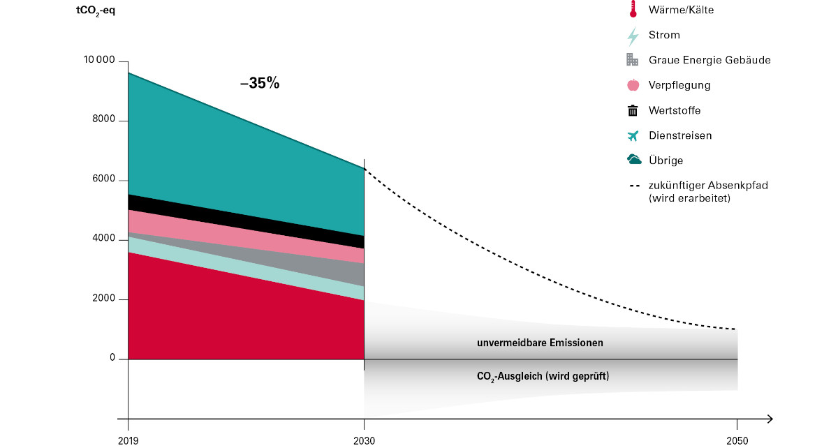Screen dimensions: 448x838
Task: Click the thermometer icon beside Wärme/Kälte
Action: [633, 10]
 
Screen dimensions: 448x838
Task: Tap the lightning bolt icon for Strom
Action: [633, 36]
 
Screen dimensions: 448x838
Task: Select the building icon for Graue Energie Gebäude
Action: [633, 60]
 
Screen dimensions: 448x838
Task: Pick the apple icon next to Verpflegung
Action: [633, 85]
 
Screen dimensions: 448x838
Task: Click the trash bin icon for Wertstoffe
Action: [633, 110]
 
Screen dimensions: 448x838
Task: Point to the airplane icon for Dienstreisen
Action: [633, 135]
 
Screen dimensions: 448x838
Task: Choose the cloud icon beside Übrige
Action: [634, 160]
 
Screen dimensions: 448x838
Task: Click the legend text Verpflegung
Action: [679, 85]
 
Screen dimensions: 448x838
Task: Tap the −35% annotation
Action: [259, 83]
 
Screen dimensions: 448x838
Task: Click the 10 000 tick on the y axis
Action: [99, 61]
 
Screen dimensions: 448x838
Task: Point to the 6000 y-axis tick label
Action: [104, 180]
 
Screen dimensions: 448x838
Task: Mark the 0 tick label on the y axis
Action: [112, 359]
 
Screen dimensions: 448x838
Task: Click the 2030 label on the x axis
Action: [364, 440]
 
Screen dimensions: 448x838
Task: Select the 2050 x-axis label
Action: [737, 440]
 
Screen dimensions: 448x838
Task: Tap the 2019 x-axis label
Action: [128, 440]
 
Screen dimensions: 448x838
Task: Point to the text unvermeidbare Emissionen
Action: [540, 343]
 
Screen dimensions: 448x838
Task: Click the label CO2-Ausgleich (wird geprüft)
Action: [543, 376]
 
